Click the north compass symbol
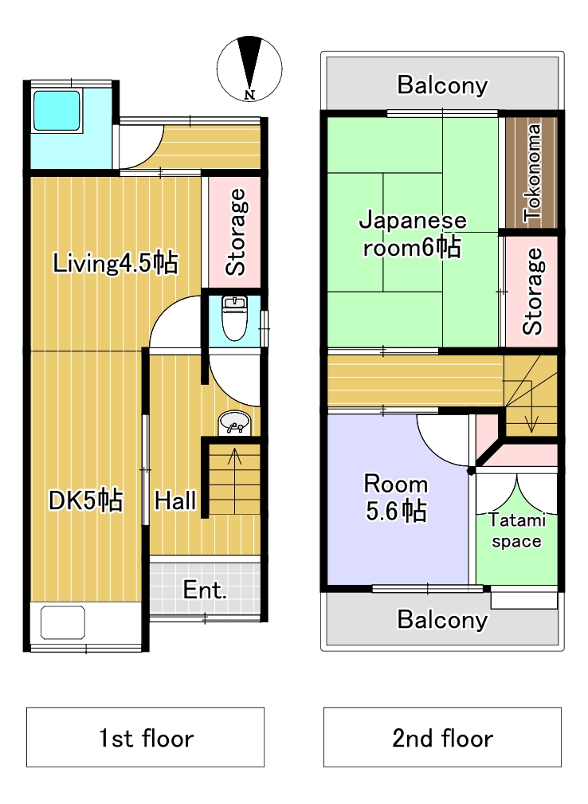pyautogui.click(x=249, y=68)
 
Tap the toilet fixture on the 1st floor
pyautogui.click(x=235, y=318)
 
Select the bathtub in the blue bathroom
pyautogui.click(x=57, y=110)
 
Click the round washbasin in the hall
pyautogui.click(x=234, y=424)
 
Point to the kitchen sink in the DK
pyautogui.click(x=62, y=622)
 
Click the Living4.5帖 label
pyautogui.click(x=116, y=263)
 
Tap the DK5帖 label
pyautogui.click(x=85, y=500)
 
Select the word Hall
pyautogui.click(x=175, y=500)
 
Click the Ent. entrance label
pyautogui.click(x=205, y=590)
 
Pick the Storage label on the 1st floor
pyautogui.click(x=236, y=233)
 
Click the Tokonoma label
pyautogui.click(x=532, y=173)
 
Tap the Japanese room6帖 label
pyautogui.click(x=413, y=234)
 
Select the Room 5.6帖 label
pyautogui.click(x=396, y=497)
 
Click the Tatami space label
pyautogui.click(x=517, y=531)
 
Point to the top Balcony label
pyautogui.click(x=442, y=85)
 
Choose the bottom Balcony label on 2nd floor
pyautogui.click(x=442, y=620)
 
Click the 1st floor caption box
pyautogui.click(x=146, y=737)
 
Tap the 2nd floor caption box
pyautogui.click(x=442, y=737)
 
